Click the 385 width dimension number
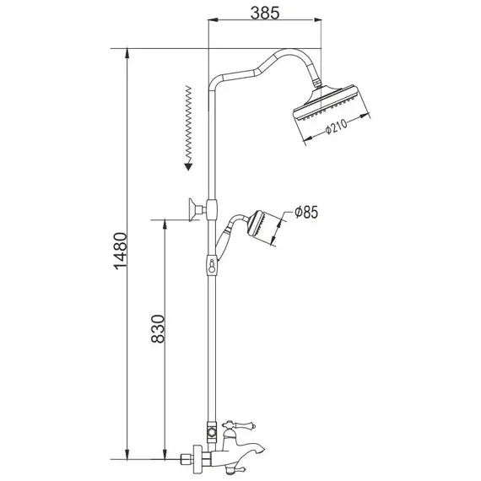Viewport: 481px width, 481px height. point(265,13)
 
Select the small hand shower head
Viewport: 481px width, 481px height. point(264,229)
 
